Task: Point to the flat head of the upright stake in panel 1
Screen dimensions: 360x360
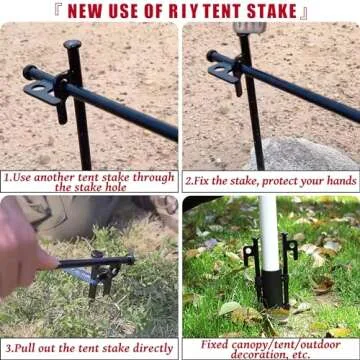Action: click(72, 44)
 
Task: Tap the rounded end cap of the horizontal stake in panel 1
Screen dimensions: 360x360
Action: click(29, 72)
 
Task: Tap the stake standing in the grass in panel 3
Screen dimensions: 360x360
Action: click(98, 280)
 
